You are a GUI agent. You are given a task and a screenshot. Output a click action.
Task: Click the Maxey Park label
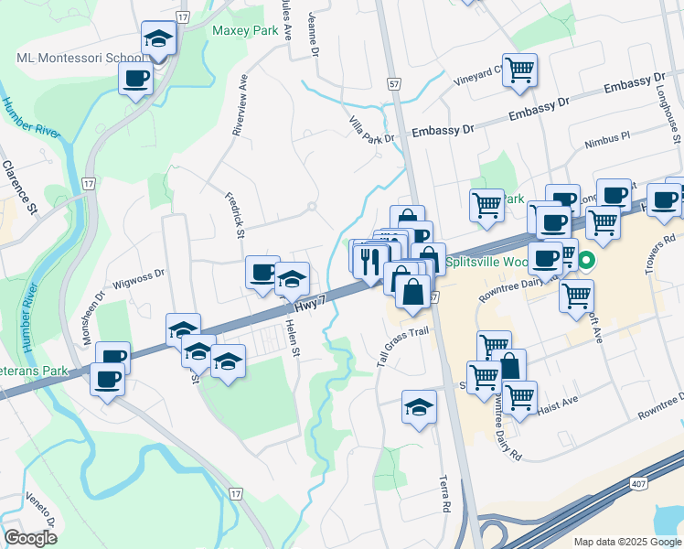[245, 30]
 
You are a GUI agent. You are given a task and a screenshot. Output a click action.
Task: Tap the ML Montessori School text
[80, 59]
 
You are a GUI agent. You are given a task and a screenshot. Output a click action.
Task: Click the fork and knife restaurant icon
[370, 261]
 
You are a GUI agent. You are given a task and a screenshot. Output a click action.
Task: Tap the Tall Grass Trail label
[402, 347]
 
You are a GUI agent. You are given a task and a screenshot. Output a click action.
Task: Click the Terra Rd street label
[446, 492]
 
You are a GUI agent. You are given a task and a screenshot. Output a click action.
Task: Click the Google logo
[30, 537]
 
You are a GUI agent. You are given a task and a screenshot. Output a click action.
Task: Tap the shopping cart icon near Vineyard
[519, 70]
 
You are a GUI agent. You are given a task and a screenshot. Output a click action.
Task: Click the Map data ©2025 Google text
[626, 542]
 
